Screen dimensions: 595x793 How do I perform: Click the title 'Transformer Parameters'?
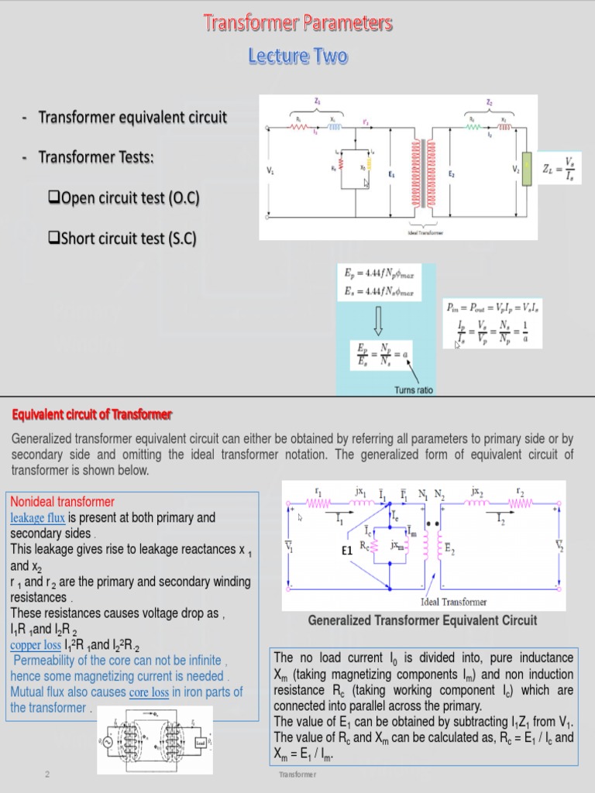[x=298, y=24]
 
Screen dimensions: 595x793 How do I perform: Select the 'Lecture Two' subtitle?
[x=298, y=57]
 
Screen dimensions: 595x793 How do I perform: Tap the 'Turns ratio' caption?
[x=414, y=390]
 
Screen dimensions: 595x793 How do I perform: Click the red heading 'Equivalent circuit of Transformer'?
[x=91, y=415]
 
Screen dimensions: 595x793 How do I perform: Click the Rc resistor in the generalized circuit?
[x=374, y=547]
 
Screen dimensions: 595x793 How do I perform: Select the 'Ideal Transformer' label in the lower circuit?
[x=453, y=602]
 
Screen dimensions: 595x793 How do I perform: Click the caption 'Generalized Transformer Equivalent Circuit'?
[x=422, y=620]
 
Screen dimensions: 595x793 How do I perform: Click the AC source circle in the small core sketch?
[x=109, y=742]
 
